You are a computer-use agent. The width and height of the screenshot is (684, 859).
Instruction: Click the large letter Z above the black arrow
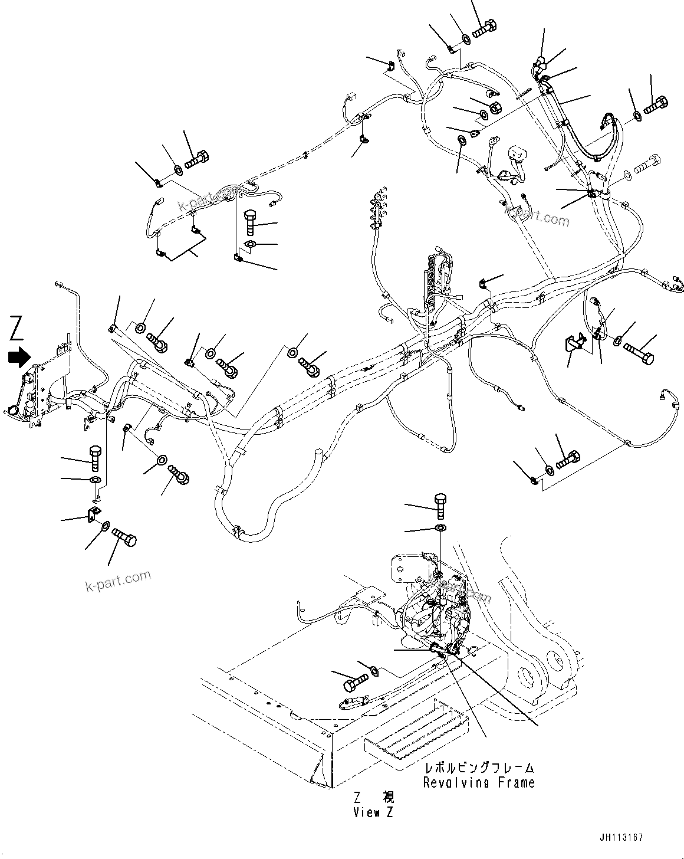point(17,329)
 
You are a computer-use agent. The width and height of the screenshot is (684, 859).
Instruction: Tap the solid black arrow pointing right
point(19,356)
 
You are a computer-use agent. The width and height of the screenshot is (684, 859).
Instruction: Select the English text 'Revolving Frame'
point(479,782)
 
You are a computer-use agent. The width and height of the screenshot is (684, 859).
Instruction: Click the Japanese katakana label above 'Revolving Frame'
point(479,768)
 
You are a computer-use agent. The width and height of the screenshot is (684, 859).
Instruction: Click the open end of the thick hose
point(319,454)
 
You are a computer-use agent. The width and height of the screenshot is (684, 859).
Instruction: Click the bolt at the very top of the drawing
point(484,27)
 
